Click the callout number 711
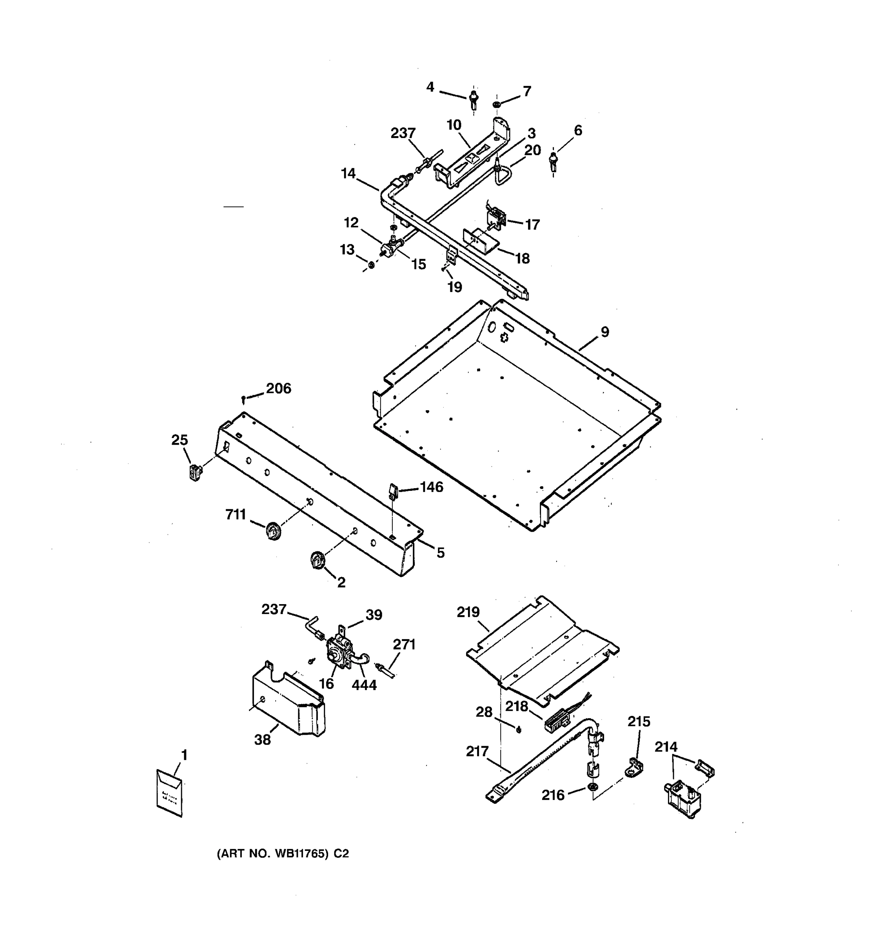point(235,514)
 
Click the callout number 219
point(468,612)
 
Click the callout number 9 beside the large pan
point(605,332)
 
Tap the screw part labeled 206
point(243,400)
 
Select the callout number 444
point(364,685)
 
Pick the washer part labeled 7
point(497,104)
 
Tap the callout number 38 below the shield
point(263,739)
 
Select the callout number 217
point(477,751)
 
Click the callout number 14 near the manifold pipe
point(348,174)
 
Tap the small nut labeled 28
point(519,729)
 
